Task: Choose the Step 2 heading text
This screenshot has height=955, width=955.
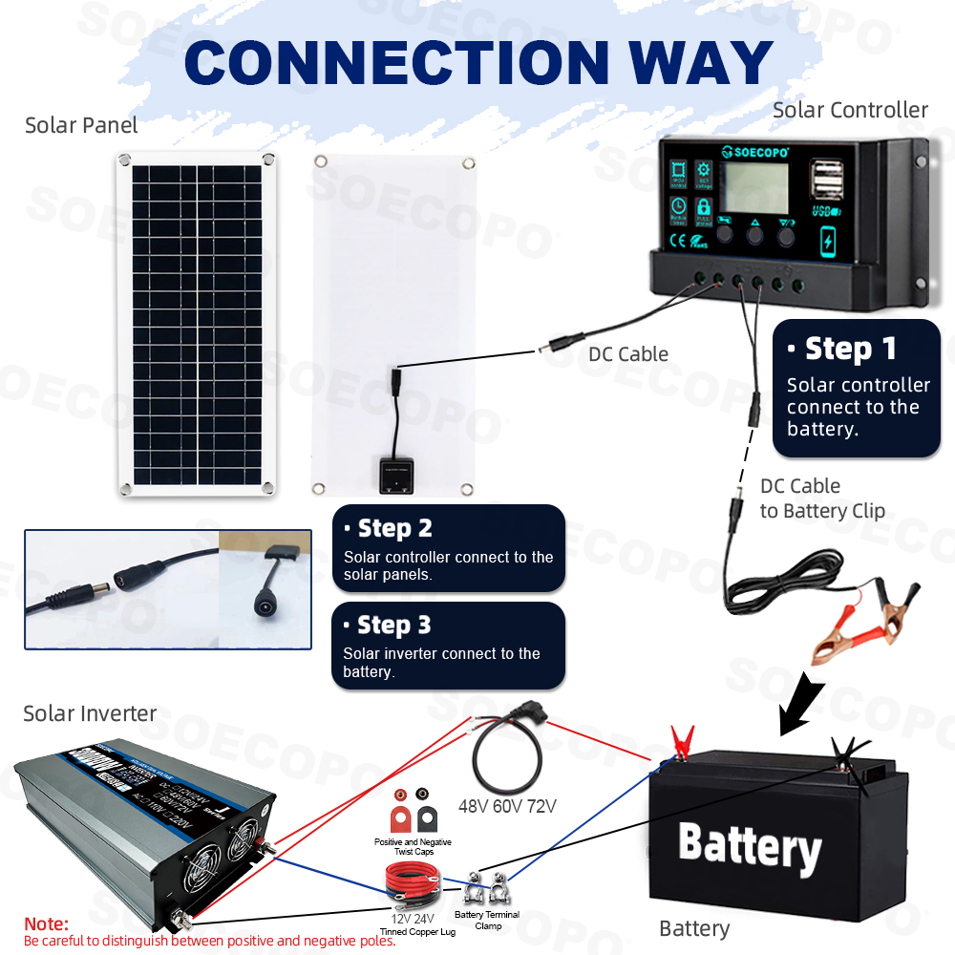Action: coord(394,528)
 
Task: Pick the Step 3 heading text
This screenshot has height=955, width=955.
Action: coord(393,626)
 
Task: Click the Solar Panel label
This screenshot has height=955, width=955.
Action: coord(81,125)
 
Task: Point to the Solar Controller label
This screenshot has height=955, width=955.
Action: coord(850,110)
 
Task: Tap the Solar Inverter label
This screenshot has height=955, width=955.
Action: coord(90,713)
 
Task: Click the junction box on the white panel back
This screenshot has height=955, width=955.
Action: coord(394,474)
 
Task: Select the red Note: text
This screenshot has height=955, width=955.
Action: coord(47,924)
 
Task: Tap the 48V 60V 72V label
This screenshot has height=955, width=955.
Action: coord(506,806)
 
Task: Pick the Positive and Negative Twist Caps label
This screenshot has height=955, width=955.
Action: coord(413,846)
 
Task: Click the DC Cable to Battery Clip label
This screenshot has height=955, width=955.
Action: coord(821,499)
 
